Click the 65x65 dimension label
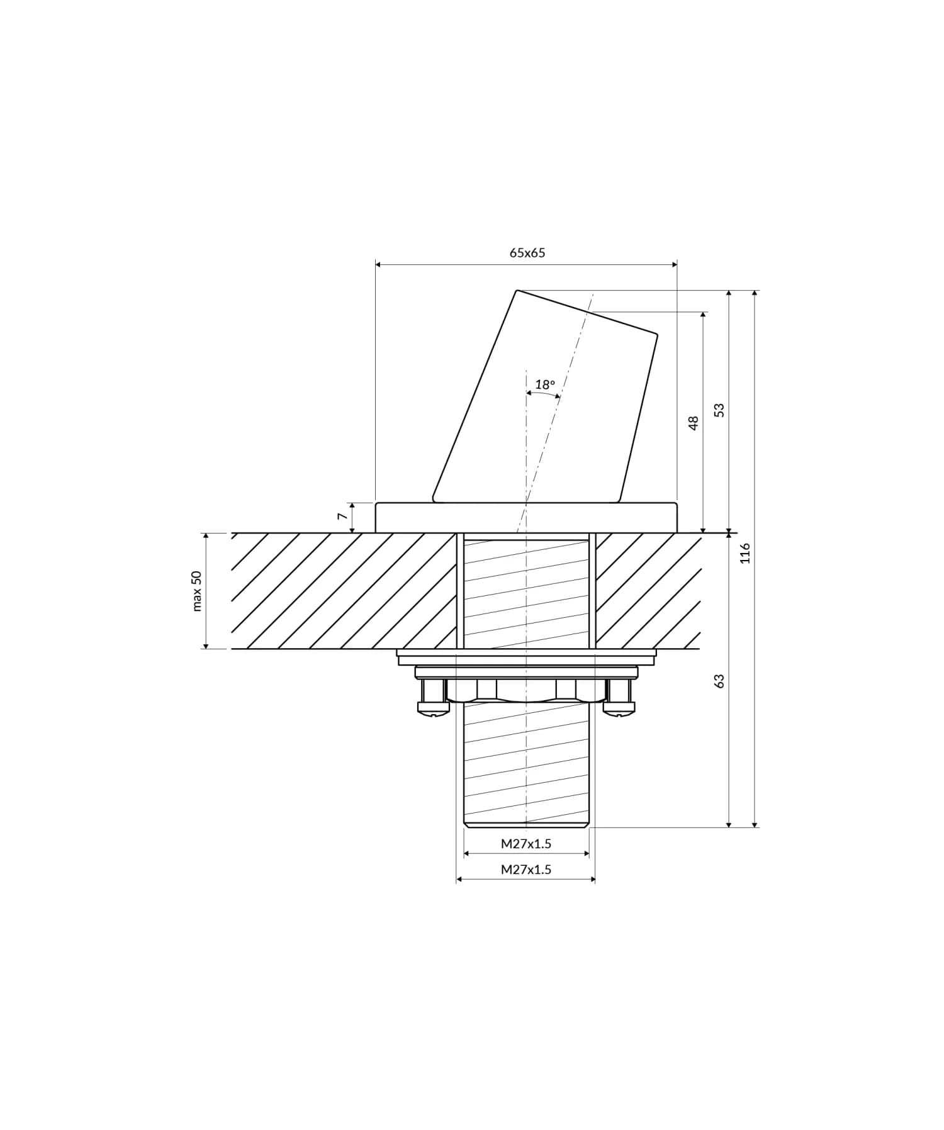click(x=527, y=253)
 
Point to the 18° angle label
click(x=545, y=384)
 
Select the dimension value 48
click(x=694, y=422)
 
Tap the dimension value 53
click(x=719, y=410)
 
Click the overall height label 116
click(x=745, y=553)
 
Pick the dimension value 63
click(x=719, y=681)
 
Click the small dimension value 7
click(x=342, y=516)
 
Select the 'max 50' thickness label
click(x=197, y=591)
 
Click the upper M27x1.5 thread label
click(x=526, y=844)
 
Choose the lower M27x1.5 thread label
click(x=526, y=870)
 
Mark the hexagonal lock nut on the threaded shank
click(x=526, y=691)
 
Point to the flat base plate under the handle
click(x=526, y=517)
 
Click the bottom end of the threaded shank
click(x=526, y=823)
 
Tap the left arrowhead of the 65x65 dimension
click(x=378, y=265)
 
